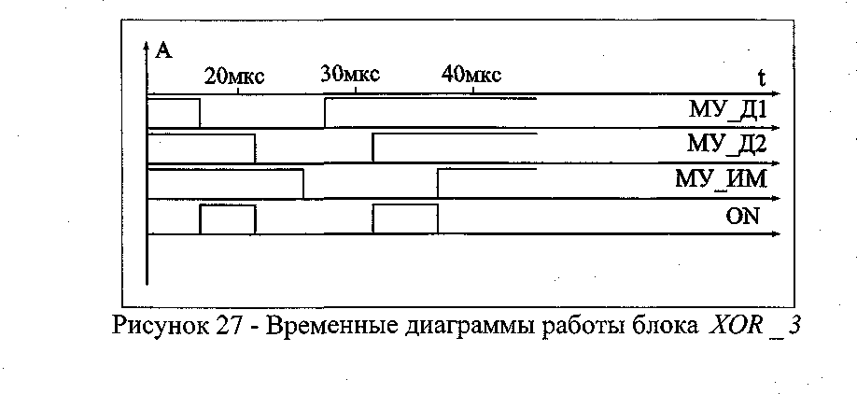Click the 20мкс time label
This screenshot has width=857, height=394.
234,77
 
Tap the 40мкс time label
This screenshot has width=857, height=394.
471,75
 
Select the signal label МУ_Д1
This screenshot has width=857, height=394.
727,112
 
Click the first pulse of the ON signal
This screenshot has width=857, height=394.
227,218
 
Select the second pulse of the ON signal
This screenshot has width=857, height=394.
405,218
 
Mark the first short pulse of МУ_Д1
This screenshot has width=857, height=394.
174,112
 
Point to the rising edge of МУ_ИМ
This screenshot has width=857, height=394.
438,184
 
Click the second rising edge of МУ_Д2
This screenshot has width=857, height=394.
373,148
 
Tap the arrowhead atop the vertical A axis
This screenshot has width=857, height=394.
148,46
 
